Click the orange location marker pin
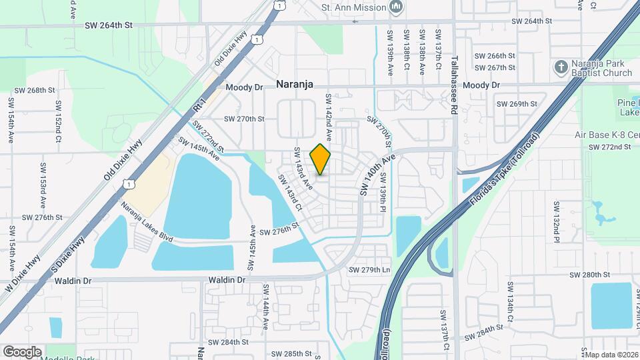click(321, 159)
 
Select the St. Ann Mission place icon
click(398, 7)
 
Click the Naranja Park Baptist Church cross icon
click(561, 67)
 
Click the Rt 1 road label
click(198, 104)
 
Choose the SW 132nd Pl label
click(555, 220)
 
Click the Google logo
click(22, 352)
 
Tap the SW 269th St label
click(517, 104)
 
